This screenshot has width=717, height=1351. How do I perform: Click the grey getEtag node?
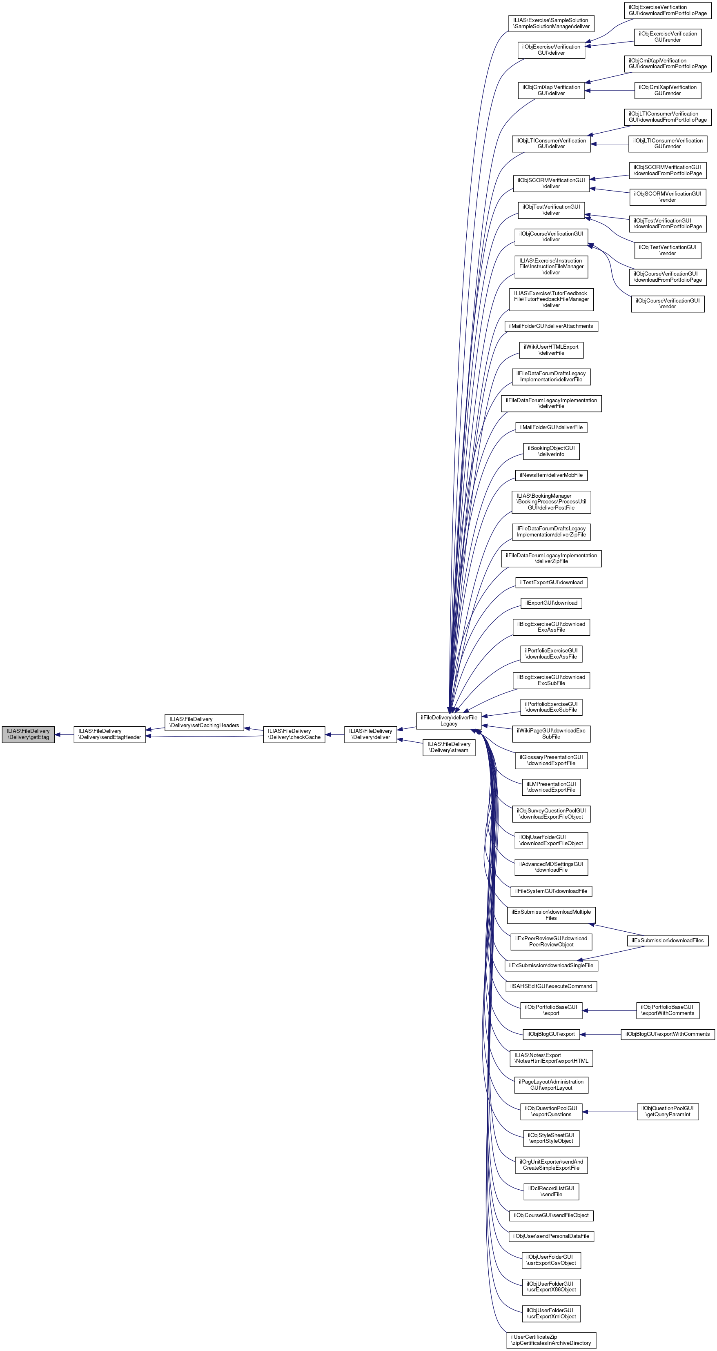click(x=28, y=734)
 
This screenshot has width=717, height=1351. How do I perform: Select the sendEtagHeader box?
click(x=109, y=734)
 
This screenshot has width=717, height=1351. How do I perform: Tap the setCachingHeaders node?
click(x=204, y=722)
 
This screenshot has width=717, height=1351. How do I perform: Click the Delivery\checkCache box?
click(x=294, y=734)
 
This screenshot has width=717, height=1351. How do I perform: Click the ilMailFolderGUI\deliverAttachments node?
click(x=551, y=326)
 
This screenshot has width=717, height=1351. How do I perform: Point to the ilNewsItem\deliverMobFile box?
click(x=551, y=475)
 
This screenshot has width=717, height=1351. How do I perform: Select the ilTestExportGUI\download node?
click(x=551, y=582)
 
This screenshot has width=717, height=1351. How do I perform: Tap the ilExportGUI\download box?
click(x=551, y=603)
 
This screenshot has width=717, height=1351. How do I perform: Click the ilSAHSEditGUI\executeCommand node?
click(x=551, y=986)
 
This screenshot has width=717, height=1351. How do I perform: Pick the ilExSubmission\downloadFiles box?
click(x=667, y=940)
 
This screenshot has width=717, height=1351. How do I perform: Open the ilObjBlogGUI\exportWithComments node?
click(x=667, y=1034)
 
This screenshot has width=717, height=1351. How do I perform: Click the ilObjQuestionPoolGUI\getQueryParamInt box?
click(x=667, y=1111)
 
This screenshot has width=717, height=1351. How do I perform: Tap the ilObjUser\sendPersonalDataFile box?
click(x=551, y=1236)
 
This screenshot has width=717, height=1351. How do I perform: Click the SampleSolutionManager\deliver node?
click(x=551, y=23)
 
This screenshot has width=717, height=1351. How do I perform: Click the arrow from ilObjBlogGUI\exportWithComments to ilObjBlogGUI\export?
click(x=600, y=1034)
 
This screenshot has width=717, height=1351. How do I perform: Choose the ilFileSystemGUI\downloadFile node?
click(x=551, y=891)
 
